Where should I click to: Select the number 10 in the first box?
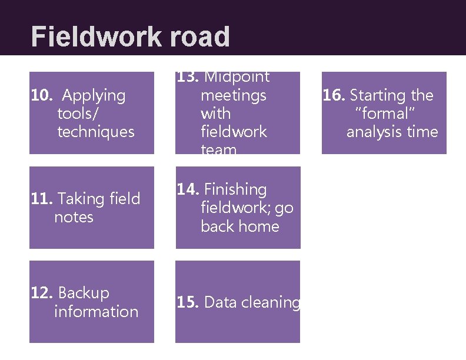(x=41, y=95)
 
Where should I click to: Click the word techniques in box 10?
(x=96, y=131)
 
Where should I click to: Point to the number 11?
(x=41, y=199)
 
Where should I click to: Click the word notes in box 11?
(x=74, y=217)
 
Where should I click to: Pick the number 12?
(x=41, y=293)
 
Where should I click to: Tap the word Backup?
(x=84, y=293)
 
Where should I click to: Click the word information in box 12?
(x=96, y=311)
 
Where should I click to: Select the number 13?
(x=188, y=77)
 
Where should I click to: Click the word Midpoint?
(x=237, y=77)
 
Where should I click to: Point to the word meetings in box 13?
(x=234, y=95)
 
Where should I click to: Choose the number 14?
(x=188, y=189)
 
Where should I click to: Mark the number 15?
(x=188, y=302)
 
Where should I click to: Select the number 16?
(x=334, y=95)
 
